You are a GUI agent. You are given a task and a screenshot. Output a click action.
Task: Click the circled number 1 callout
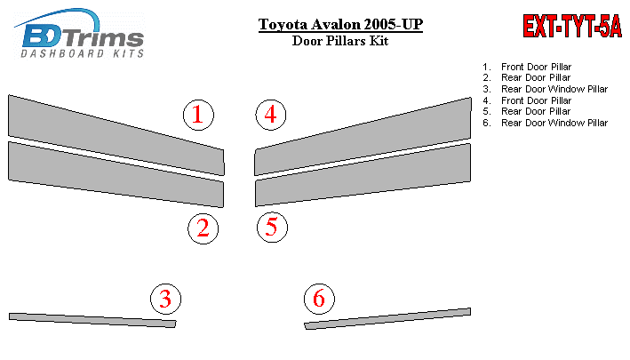(198, 115)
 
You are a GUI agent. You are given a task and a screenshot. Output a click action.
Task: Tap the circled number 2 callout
(203, 228)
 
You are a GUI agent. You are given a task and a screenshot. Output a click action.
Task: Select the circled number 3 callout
(165, 299)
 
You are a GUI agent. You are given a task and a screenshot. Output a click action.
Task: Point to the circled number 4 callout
(271, 115)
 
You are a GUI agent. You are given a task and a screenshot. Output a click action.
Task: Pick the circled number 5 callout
(273, 228)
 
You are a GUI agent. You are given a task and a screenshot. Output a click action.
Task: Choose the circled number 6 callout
(319, 299)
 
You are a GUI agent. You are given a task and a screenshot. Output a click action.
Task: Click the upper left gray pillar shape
(116, 135)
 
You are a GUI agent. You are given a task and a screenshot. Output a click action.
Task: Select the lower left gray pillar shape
(116, 175)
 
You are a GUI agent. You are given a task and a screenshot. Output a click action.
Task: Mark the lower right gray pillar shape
(363, 175)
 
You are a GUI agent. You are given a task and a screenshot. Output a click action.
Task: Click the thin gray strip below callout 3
(92, 320)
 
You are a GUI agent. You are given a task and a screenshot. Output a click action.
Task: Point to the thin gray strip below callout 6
(387, 318)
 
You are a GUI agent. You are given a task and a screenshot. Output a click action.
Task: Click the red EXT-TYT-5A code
(572, 26)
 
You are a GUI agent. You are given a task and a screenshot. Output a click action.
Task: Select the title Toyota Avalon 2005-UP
(340, 24)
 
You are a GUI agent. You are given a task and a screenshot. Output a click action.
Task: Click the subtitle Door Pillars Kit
(340, 41)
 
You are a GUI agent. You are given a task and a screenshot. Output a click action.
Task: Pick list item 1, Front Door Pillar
(527, 67)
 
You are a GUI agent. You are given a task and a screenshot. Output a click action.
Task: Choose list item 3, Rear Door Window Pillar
(546, 89)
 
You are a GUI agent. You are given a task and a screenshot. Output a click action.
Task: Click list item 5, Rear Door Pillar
(527, 111)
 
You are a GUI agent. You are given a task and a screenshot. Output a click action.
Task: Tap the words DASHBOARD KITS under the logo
(83, 54)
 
